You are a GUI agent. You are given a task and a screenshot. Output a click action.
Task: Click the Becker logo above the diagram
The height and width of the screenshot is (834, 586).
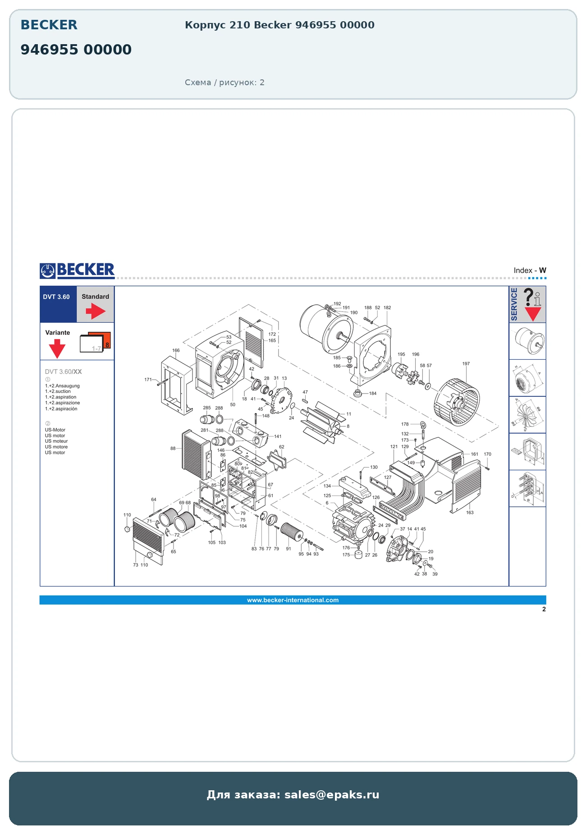click(77, 270)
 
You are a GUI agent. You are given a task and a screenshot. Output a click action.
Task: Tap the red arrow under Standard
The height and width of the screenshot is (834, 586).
click(96, 311)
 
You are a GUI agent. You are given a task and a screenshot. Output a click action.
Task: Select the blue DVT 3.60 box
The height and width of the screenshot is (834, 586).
click(58, 304)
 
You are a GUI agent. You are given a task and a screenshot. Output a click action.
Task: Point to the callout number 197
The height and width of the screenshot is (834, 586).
click(466, 364)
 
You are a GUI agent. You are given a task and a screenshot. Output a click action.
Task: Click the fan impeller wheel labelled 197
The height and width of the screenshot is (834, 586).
click(457, 402)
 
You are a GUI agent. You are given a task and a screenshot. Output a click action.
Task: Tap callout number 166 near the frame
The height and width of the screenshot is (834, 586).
click(176, 350)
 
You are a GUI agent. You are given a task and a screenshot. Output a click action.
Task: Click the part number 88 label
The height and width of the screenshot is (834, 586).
click(173, 449)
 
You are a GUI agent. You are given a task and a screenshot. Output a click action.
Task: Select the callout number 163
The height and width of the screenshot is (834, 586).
click(470, 513)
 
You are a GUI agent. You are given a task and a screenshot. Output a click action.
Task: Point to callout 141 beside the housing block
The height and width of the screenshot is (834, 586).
click(278, 436)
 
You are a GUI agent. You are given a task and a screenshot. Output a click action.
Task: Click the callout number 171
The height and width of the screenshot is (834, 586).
click(148, 380)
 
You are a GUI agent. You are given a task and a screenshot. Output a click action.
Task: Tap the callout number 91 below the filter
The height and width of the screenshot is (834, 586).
click(288, 549)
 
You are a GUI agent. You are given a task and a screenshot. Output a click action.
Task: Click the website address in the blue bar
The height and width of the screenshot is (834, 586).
click(293, 600)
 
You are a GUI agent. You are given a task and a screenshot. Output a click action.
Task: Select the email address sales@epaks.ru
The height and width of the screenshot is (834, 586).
click(332, 794)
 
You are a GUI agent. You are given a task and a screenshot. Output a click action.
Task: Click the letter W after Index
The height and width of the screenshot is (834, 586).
click(543, 270)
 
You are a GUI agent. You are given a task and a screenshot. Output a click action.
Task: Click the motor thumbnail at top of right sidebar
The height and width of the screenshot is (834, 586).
click(528, 341)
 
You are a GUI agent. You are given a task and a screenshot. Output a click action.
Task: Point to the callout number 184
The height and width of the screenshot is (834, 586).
click(373, 394)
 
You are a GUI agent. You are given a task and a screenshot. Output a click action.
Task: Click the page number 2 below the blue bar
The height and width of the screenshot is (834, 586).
click(544, 609)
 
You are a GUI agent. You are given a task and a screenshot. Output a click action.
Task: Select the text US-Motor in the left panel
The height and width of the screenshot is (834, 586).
click(55, 430)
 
